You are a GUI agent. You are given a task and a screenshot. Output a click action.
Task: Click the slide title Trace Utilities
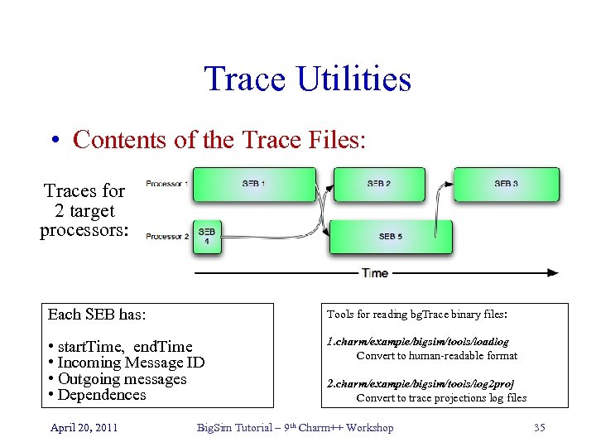coord(307,79)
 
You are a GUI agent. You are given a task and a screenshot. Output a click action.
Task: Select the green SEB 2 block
coord(379,184)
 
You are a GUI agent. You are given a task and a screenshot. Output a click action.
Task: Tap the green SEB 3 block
coord(507,184)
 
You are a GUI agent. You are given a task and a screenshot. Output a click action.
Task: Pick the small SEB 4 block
coord(206,236)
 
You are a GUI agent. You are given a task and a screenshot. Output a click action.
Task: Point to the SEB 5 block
coord(391,237)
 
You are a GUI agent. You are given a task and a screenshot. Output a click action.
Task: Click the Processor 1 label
coord(167,183)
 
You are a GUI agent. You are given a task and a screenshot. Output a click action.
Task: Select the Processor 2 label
coord(167,237)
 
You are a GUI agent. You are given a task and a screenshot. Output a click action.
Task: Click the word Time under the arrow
coord(375,273)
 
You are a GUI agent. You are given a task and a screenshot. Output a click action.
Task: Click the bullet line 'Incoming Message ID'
coord(126,363)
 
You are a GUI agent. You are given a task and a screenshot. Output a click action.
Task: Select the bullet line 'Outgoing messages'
coord(117,379)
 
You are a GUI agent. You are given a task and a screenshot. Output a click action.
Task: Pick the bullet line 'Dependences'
coord(97,395)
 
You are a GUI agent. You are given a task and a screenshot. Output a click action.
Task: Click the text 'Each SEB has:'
coord(97,315)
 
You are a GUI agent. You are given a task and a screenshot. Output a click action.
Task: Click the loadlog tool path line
coord(418,341)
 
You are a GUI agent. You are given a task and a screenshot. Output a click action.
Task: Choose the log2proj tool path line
coord(421,384)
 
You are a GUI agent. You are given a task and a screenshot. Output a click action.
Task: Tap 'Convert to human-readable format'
coord(436,356)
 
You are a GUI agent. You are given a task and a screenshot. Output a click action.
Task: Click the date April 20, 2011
coord(84,427)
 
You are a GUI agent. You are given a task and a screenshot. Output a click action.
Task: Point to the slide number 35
coord(540,427)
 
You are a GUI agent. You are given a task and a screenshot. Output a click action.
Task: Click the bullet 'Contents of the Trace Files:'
coord(219,139)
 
